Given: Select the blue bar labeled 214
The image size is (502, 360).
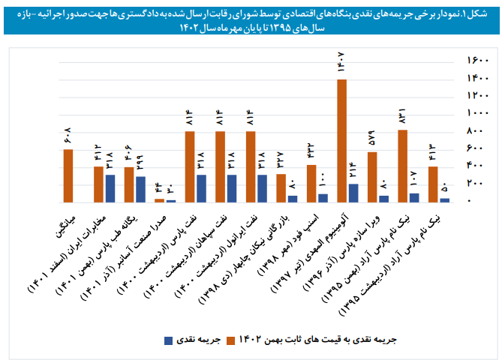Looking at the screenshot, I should pyautogui.click(x=353, y=193).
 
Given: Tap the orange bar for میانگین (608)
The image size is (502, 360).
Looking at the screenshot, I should pyautogui.click(x=68, y=176).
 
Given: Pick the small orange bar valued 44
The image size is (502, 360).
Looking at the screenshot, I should pyautogui.click(x=159, y=200).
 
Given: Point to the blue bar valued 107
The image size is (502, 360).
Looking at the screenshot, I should pyautogui.click(x=414, y=198).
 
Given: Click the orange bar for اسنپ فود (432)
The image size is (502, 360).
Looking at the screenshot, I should pyautogui.click(x=311, y=184).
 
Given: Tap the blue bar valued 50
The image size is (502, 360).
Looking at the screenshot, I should pyautogui.click(x=444, y=200).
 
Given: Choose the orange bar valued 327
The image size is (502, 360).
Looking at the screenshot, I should pyautogui.click(x=281, y=188).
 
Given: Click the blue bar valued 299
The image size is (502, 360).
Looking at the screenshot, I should pyautogui.click(x=140, y=190).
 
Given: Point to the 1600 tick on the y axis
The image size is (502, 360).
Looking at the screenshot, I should pyautogui.click(x=478, y=61).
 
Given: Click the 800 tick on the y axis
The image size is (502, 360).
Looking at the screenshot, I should pyautogui.click(x=478, y=131).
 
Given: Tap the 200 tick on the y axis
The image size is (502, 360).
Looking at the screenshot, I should pyautogui.click(x=478, y=184).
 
